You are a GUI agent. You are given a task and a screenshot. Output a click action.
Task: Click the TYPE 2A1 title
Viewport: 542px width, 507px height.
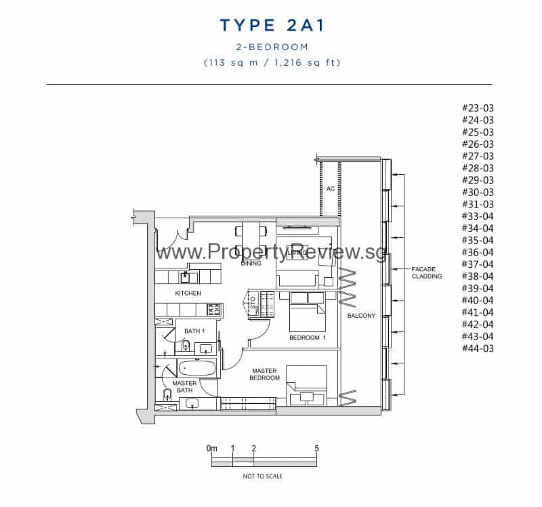(272, 26)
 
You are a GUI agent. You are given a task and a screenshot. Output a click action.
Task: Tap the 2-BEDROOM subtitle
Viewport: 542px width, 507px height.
(272, 47)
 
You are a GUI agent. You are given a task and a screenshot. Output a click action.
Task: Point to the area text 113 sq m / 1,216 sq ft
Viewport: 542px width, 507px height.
(272, 62)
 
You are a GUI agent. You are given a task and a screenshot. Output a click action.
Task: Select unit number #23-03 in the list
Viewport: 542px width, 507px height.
(478, 108)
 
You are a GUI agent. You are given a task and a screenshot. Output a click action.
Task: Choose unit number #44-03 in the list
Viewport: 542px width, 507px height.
(478, 348)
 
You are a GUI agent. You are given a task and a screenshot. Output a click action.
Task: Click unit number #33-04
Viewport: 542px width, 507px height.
(478, 216)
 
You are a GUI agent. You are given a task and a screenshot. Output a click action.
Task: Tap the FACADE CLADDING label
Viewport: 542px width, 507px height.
(426, 272)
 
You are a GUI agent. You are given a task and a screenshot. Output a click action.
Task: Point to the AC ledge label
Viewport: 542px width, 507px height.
(331, 188)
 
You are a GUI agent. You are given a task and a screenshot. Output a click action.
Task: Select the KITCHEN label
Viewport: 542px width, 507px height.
(188, 293)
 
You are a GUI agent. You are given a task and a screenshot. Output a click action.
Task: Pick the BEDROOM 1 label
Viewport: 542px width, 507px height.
(308, 338)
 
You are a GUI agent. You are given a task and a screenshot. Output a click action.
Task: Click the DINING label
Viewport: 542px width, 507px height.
(251, 263)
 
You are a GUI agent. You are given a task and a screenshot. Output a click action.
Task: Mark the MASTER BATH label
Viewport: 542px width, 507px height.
(184, 386)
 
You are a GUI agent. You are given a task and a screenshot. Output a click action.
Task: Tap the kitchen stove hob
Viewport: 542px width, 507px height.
(213, 310)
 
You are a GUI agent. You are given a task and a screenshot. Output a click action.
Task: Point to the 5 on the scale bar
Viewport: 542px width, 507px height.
(316, 449)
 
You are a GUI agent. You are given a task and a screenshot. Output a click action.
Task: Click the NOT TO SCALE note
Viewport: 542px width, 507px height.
(263, 476)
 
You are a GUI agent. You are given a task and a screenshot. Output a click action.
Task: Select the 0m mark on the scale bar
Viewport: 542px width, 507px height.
(211, 449)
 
